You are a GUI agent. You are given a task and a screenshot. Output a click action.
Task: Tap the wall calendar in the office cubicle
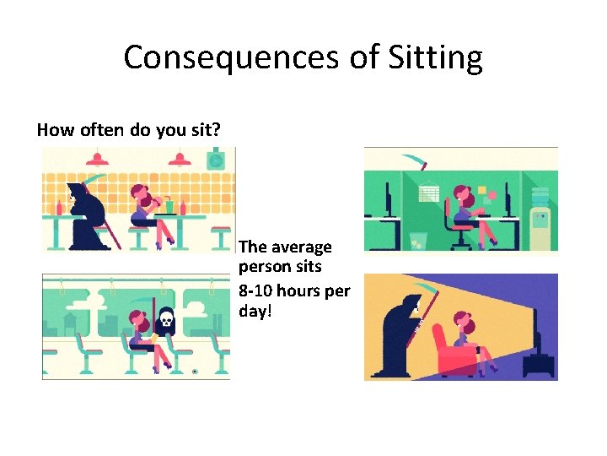429,193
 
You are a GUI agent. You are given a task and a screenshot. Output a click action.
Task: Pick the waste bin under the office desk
416,240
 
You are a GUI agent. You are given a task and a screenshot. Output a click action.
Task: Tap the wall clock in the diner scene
216,159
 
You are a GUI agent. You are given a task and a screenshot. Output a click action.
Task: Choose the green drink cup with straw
169,205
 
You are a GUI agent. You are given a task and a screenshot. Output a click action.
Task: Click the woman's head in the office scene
461,193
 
